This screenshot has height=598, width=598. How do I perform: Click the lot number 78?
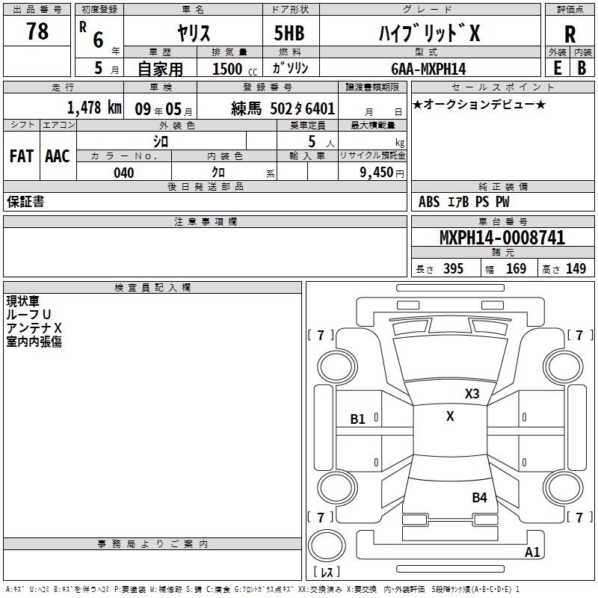(37, 32)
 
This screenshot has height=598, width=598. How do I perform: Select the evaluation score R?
(570, 34)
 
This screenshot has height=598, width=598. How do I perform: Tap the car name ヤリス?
(192, 33)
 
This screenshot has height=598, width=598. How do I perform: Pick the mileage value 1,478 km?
(94, 107)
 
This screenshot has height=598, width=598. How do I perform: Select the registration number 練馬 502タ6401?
(283, 108)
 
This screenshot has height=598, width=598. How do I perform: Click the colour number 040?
(124, 173)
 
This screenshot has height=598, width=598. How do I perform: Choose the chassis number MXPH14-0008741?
(502, 238)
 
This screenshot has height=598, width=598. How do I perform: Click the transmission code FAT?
(21, 156)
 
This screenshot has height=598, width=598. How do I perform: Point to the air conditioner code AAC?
(58, 156)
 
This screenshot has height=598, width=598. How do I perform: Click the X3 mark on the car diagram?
(472, 394)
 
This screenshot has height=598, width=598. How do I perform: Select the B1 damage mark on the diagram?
(358, 419)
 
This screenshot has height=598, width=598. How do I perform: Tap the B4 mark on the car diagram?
(479, 497)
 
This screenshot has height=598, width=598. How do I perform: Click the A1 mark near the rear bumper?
(532, 552)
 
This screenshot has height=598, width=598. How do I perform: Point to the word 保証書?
(25, 202)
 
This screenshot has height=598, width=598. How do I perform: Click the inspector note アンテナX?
(34, 328)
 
